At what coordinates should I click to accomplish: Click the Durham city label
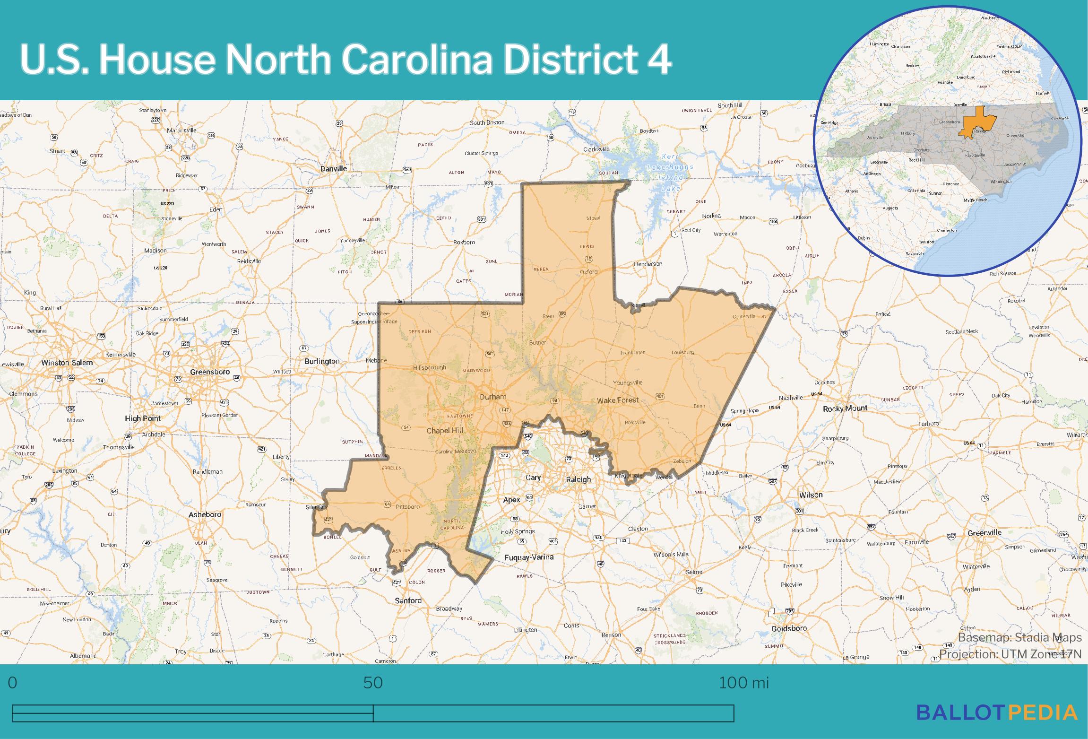click(492, 397)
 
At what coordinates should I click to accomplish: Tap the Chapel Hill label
click(445, 430)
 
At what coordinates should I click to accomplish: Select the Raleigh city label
click(579, 479)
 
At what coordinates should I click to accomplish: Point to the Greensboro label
click(210, 372)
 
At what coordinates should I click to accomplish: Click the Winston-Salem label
click(67, 363)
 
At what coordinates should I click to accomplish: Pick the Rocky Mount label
click(845, 408)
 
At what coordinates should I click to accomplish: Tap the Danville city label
click(334, 168)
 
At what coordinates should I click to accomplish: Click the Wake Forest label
click(617, 400)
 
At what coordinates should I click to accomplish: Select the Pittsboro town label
click(407, 506)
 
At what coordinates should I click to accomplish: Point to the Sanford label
click(408, 600)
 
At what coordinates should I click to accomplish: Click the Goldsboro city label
click(789, 628)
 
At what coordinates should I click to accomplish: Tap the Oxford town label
click(589, 272)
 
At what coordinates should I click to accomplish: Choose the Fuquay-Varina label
click(529, 557)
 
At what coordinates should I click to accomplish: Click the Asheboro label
click(205, 514)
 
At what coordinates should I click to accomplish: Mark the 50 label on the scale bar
click(373, 682)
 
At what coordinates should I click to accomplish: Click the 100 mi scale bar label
click(743, 682)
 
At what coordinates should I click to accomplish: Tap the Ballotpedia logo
click(997, 712)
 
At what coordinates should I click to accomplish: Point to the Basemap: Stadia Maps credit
click(1019, 637)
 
